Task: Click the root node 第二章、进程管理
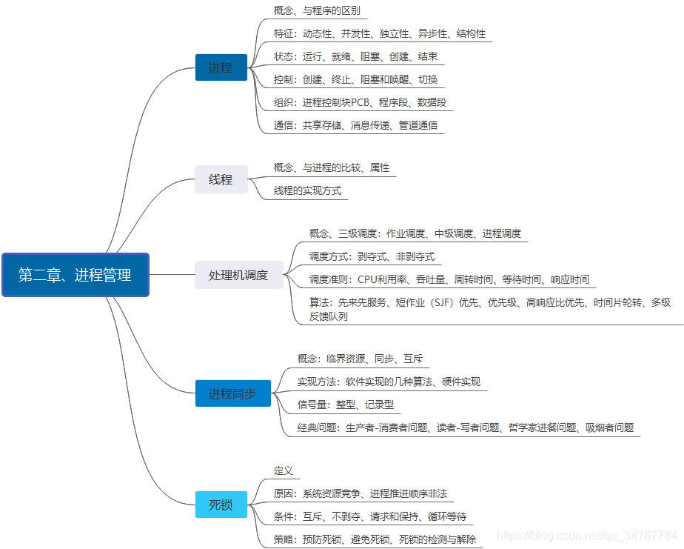(x=76, y=275)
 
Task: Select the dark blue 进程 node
(x=221, y=67)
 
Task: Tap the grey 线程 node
(x=221, y=179)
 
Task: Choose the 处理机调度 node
(x=238, y=275)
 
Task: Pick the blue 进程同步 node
(x=232, y=393)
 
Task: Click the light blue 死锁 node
(x=221, y=505)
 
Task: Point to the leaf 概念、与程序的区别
(x=317, y=11)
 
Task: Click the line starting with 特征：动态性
(x=379, y=34)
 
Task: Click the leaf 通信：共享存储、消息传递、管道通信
(x=355, y=125)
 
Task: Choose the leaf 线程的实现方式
(x=307, y=190)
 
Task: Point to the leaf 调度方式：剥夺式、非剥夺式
(x=372, y=256)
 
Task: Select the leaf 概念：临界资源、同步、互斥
(x=360, y=359)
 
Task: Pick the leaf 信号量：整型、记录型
(x=345, y=405)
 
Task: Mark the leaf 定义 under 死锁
(x=284, y=470)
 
